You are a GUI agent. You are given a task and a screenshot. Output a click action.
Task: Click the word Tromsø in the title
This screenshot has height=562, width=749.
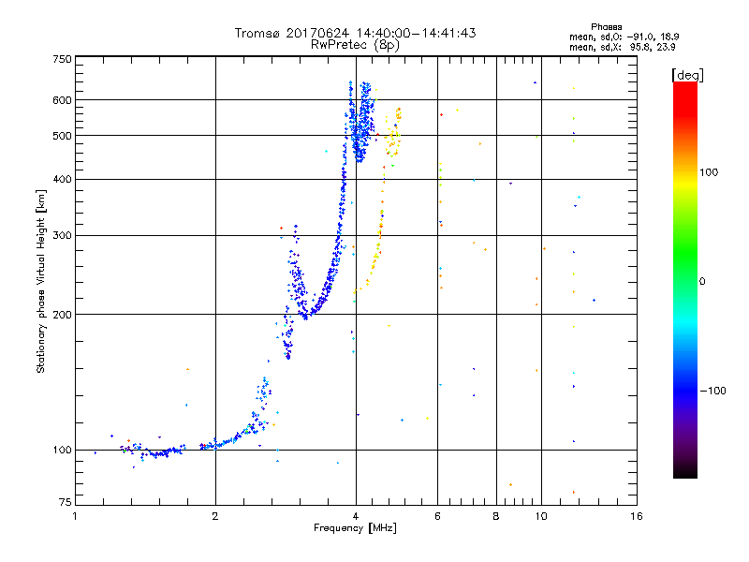point(258,33)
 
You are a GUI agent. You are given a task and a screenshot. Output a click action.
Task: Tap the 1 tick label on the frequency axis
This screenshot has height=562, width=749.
point(76,516)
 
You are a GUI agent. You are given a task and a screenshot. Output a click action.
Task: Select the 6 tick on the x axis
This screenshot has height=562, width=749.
point(438,516)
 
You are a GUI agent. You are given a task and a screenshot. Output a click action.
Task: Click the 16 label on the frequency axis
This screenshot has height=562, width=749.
point(636,516)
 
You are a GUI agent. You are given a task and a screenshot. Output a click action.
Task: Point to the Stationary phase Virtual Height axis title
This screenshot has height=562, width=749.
point(41,281)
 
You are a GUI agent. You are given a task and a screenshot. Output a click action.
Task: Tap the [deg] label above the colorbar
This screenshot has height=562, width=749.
point(688,74)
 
